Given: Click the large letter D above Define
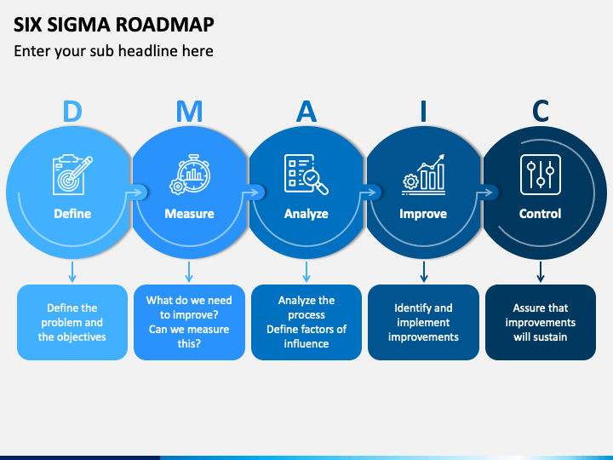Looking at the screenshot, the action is [x=72, y=111].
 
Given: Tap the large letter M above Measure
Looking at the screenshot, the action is [x=189, y=111].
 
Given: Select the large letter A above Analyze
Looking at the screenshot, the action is [x=306, y=111].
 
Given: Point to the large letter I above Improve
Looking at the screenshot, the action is [x=423, y=111].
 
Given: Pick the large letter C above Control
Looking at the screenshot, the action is [x=541, y=111].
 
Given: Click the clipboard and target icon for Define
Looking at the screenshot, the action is [x=72, y=175].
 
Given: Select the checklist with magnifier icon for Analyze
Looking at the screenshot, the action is [x=306, y=175].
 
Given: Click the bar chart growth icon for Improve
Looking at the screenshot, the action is [x=423, y=175].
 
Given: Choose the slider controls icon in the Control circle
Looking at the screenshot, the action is [x=541, y=175].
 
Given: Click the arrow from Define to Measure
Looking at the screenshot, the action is [x=134, y=192].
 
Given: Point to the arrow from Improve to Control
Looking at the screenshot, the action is [x=484, y=192].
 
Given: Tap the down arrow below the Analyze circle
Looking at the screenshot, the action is [x=306, y=272].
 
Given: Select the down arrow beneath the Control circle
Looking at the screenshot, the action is [x=541, y=272].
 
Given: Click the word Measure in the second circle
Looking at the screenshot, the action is [x=189, y=214].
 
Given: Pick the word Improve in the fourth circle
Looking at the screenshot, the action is [x=423, y=214].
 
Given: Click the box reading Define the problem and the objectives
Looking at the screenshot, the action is [x=72, y=322].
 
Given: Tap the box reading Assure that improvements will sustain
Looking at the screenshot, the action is [x=541, y=322].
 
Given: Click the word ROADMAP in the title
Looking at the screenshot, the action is [x=164, y=24].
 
